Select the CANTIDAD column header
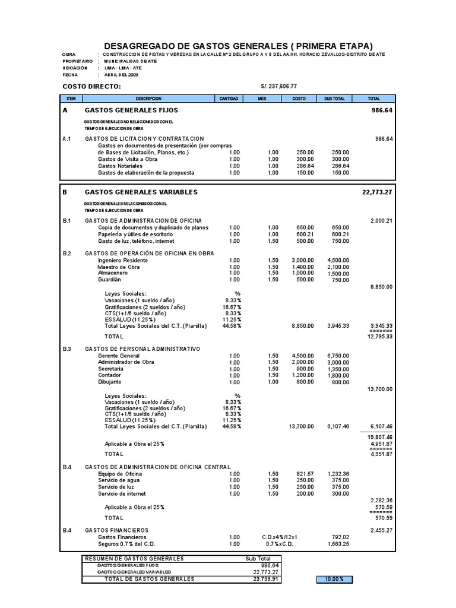click(x=229, y=98)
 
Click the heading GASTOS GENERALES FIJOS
click(x=131, y=110)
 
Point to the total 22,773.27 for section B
click(x=378, y=192)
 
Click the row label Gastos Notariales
click(x=121, y=166)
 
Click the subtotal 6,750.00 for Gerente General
click(x=338, y=356)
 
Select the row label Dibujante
click(x=110, y=382)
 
